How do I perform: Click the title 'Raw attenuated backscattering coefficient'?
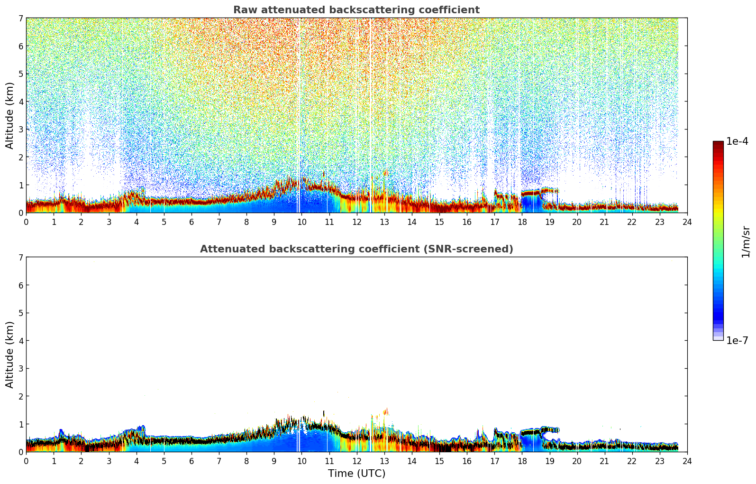point(356,10)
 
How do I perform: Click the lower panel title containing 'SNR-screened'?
point(356,249)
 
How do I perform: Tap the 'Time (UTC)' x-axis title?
point(356,474)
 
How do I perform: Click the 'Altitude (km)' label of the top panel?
point(10,115)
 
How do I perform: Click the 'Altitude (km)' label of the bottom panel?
point(10,354)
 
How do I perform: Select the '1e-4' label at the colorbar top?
point(737,141)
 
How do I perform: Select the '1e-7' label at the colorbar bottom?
point(737,341)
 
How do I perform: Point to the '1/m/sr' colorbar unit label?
point(746,242)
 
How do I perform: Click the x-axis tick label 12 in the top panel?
point(356,222)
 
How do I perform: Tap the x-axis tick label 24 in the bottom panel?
point(687,461)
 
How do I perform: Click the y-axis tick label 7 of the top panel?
point(20,19)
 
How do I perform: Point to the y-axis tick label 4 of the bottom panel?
point(20,341)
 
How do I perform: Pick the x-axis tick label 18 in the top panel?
point(522,222)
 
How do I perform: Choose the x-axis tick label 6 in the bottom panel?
point(191,461)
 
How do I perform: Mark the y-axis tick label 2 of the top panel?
point(20,157)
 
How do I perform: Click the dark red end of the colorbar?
point(718,144)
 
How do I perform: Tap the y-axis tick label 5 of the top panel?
point(20,74)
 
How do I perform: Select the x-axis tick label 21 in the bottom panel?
point(604,461)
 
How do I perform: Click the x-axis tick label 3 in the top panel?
point(109,222)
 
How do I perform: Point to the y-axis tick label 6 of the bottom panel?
point(20,285)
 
